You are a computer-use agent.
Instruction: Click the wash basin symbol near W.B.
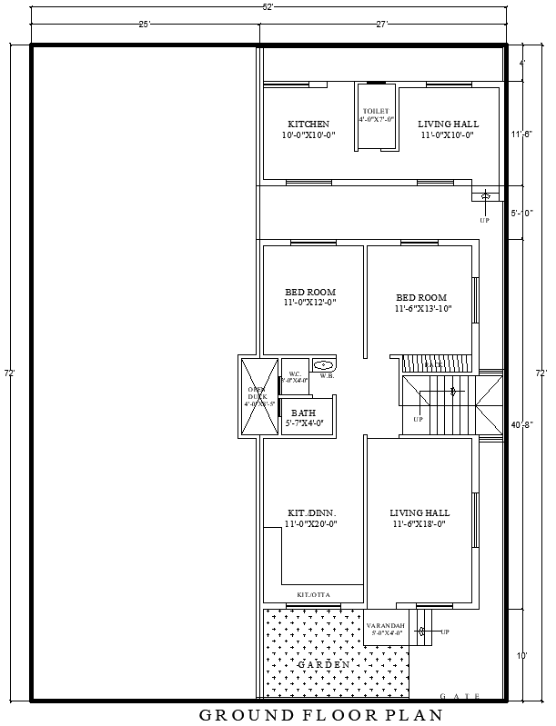tap(323, 364)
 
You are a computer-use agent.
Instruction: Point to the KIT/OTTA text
tap(314, 594)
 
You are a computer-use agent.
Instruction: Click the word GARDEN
tap(323, 665)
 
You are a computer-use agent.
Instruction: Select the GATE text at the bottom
tap(460, 696)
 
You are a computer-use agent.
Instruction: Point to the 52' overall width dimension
tap(268, 5)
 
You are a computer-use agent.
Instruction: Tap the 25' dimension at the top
tap(144, 25)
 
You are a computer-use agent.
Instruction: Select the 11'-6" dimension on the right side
tap(521, 134)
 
